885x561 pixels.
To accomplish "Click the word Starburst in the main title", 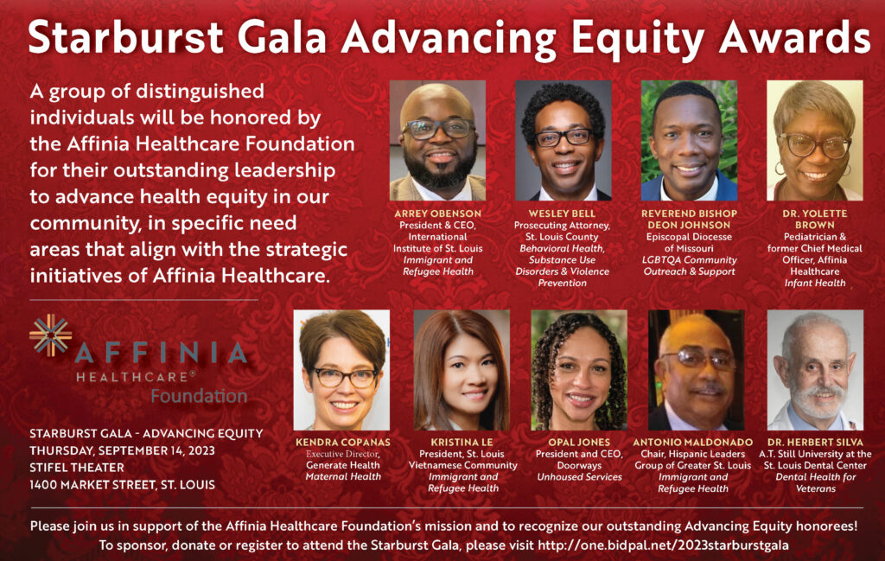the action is [x=126, y=38].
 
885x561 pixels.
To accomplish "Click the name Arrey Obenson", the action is [x=437, y=214].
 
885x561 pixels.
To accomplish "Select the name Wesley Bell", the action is [x=562, y=214].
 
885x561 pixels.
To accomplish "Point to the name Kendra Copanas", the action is [x=343, y=442].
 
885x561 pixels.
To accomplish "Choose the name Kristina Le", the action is [x=462, y=442].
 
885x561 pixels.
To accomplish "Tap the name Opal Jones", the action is [x=579, y=442].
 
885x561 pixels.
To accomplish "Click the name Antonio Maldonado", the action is [x=692, y=442].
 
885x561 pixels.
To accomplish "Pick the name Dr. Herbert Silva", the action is [x=815, y=442].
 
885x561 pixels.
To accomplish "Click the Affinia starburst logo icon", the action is [x=51, y=335].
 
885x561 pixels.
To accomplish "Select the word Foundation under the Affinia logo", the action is [x=199, y=396].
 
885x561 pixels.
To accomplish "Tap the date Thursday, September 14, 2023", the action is [x=122, y=450].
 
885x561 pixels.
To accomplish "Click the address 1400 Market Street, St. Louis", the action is [x=122, y=485].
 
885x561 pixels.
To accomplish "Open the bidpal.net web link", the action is [x=663, y=545].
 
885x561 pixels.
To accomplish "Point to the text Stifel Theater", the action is [x=77, y=468].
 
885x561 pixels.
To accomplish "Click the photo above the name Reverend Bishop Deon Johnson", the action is [x=689, y=141].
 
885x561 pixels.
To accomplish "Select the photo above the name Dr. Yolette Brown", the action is [x=814, y=141].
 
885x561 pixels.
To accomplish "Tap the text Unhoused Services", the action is [x=579, y=477].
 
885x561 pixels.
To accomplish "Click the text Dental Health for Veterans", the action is [x=815, y=482].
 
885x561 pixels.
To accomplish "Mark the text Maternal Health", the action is [x=343, y=477].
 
